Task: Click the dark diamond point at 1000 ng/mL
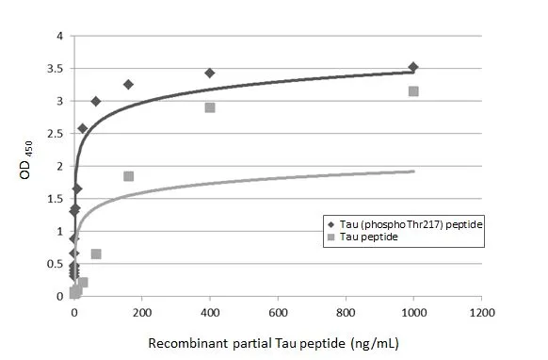(412, 67)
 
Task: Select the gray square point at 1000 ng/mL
(412, 91)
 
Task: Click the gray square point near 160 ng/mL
(129, 176)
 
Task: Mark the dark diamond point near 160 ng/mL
(128, 84)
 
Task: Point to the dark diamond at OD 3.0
(96, 101)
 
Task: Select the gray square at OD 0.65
(96, 254)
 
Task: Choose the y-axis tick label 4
(59, 37)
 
